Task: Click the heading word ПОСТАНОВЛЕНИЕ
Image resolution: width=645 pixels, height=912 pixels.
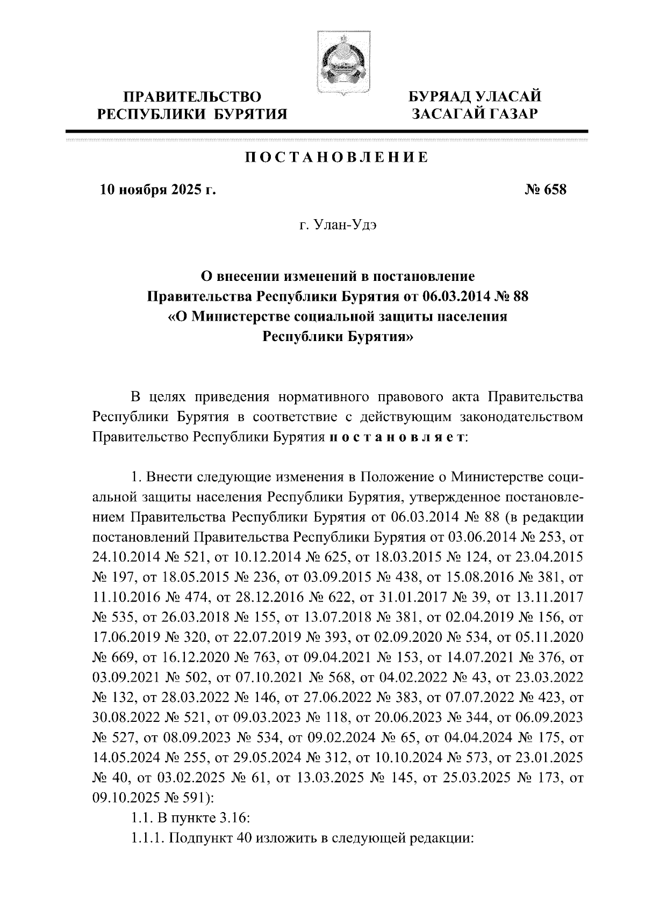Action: tap(337, 158)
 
